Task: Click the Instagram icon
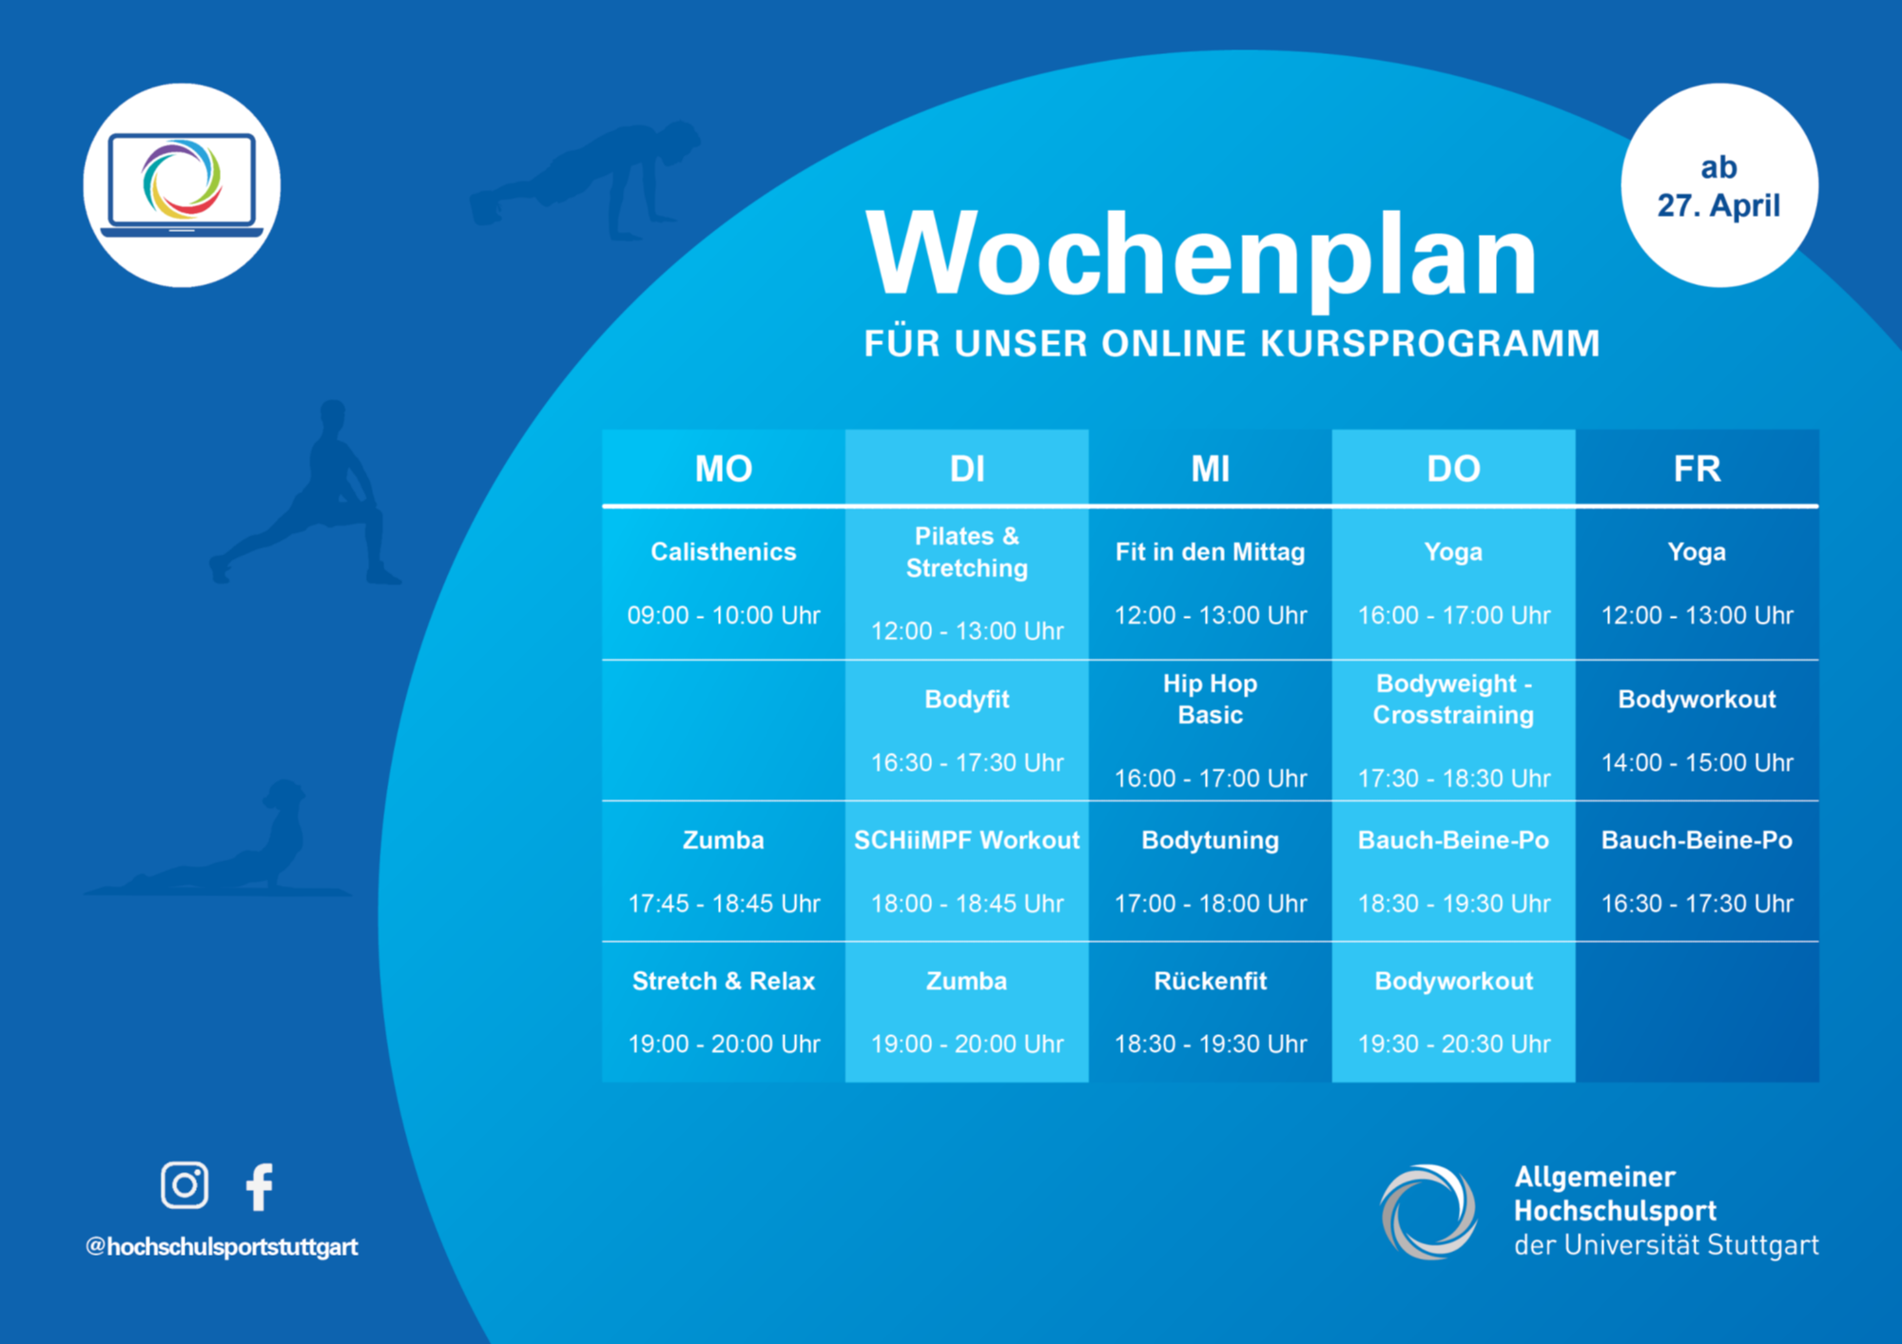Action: pos(184,1185)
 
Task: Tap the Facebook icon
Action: pos(260,1186)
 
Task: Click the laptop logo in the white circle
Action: pos(182,185)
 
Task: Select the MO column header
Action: pos(724,469)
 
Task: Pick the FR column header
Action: pos(1698,469)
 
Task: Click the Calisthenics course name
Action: pos(724,552)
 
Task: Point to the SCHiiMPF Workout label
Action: pos(967,840)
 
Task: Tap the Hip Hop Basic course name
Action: pos(1211,699)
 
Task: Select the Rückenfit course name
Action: pos(1211,981)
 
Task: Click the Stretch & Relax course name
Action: pos(724,981)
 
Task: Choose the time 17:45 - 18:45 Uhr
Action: pos(724,903)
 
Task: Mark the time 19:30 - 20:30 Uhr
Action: pos(1454,1044)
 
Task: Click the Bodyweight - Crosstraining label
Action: pos(1454,699)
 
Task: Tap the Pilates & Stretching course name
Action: pos(967,552)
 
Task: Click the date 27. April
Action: pos(1719,205)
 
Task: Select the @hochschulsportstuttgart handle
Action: pos(222,1247)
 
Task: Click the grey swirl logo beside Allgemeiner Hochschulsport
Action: pos(1428,1212)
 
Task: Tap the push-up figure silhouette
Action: pos(585,181)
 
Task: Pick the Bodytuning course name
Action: pos(1211,840)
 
